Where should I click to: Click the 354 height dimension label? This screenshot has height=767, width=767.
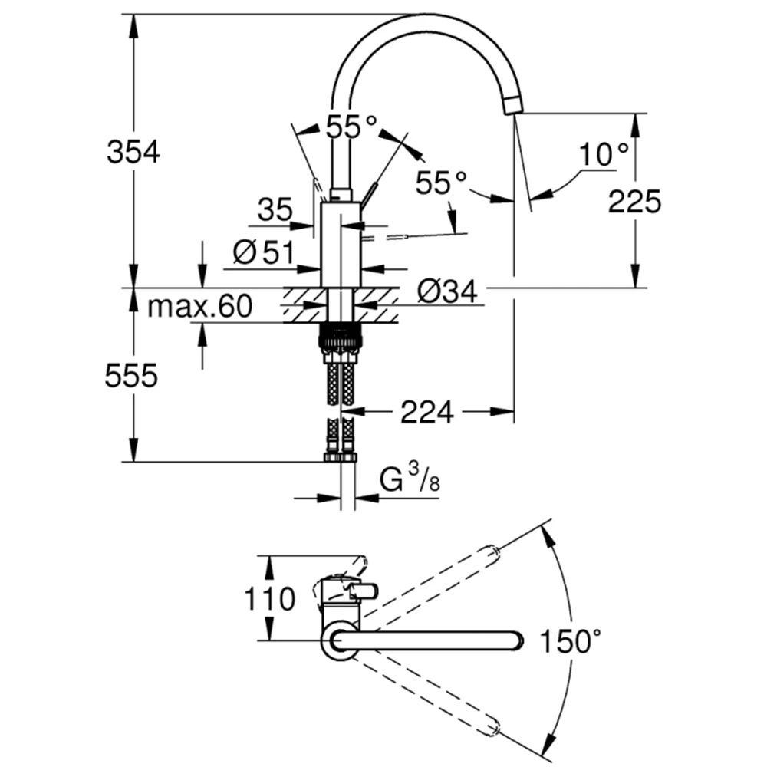(133, 152)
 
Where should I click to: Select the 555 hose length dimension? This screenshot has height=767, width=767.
(132, 376)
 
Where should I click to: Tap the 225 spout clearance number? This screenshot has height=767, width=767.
(634, 201)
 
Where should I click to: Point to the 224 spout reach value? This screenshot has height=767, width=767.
(427, 412)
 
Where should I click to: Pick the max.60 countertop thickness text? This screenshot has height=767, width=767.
(200, 307)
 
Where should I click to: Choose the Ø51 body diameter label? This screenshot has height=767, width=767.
(264, 252)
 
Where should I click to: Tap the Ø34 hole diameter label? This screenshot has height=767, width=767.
(447, 292)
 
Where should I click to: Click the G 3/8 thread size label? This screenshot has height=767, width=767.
(410, 478)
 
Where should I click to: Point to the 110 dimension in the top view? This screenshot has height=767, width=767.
(269, 599)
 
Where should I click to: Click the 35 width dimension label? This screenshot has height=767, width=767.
(275, 210)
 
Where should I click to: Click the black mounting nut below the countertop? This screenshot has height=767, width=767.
(341, 337)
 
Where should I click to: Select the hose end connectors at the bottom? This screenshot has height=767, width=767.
(341, 458)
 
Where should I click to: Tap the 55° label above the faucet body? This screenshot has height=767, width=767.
(352, 128)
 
